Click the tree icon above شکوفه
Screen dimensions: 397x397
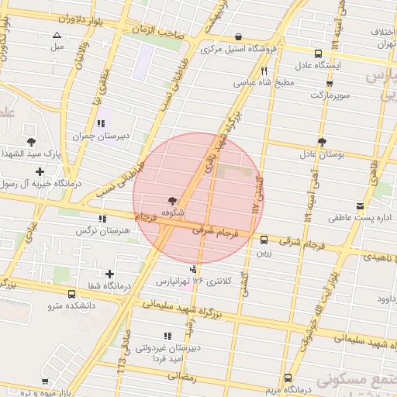click(172, 200)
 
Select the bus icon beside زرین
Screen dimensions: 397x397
click(265, 240)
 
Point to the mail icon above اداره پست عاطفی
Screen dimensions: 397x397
click(360, 205)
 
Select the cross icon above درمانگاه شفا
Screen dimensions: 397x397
click(110, 274)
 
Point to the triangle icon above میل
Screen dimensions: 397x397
click(57, 35)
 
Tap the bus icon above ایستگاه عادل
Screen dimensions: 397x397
click(318, 54)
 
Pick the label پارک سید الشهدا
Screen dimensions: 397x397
click(31, 154)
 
